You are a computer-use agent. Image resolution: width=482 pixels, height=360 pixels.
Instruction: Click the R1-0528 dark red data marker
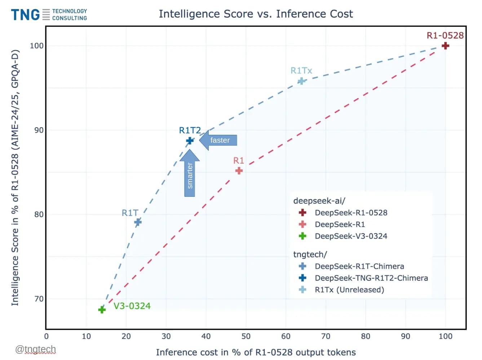(445, 46)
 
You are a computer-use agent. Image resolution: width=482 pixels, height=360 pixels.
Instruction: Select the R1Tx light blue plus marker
(301, 81)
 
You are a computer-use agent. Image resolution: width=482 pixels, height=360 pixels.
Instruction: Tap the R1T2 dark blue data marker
(190, 141)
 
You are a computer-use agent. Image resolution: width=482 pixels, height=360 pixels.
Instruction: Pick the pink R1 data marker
(239, 171)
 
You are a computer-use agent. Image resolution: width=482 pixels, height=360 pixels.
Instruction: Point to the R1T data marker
(138, 222)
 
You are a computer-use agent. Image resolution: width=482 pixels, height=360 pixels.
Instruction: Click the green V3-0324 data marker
(102, 310)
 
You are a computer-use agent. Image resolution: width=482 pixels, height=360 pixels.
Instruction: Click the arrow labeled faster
(218, 140)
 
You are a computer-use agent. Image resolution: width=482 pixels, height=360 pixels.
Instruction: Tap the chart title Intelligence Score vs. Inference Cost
(256, 14)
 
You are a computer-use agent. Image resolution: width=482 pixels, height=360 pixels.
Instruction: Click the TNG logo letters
(25, 15)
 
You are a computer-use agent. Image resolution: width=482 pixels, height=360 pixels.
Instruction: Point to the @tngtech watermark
(36, 349)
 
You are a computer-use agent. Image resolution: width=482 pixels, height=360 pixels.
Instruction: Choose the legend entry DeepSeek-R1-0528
(351, 213)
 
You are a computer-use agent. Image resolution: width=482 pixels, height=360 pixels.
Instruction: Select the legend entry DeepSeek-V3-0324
(351, 236)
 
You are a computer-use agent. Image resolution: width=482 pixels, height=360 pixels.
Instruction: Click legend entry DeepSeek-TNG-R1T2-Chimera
(371, 278)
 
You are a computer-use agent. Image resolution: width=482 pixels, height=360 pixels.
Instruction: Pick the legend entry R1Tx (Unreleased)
(349, 290)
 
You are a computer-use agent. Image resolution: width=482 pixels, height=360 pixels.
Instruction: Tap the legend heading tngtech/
(310, 254)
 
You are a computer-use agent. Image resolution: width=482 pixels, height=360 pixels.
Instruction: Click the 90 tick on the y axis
(39, 130)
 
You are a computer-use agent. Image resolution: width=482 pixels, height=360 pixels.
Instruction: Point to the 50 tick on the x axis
(246, 336)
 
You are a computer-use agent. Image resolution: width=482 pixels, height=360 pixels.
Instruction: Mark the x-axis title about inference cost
(256, 352)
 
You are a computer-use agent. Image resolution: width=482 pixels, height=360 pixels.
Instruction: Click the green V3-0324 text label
(132, 306)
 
